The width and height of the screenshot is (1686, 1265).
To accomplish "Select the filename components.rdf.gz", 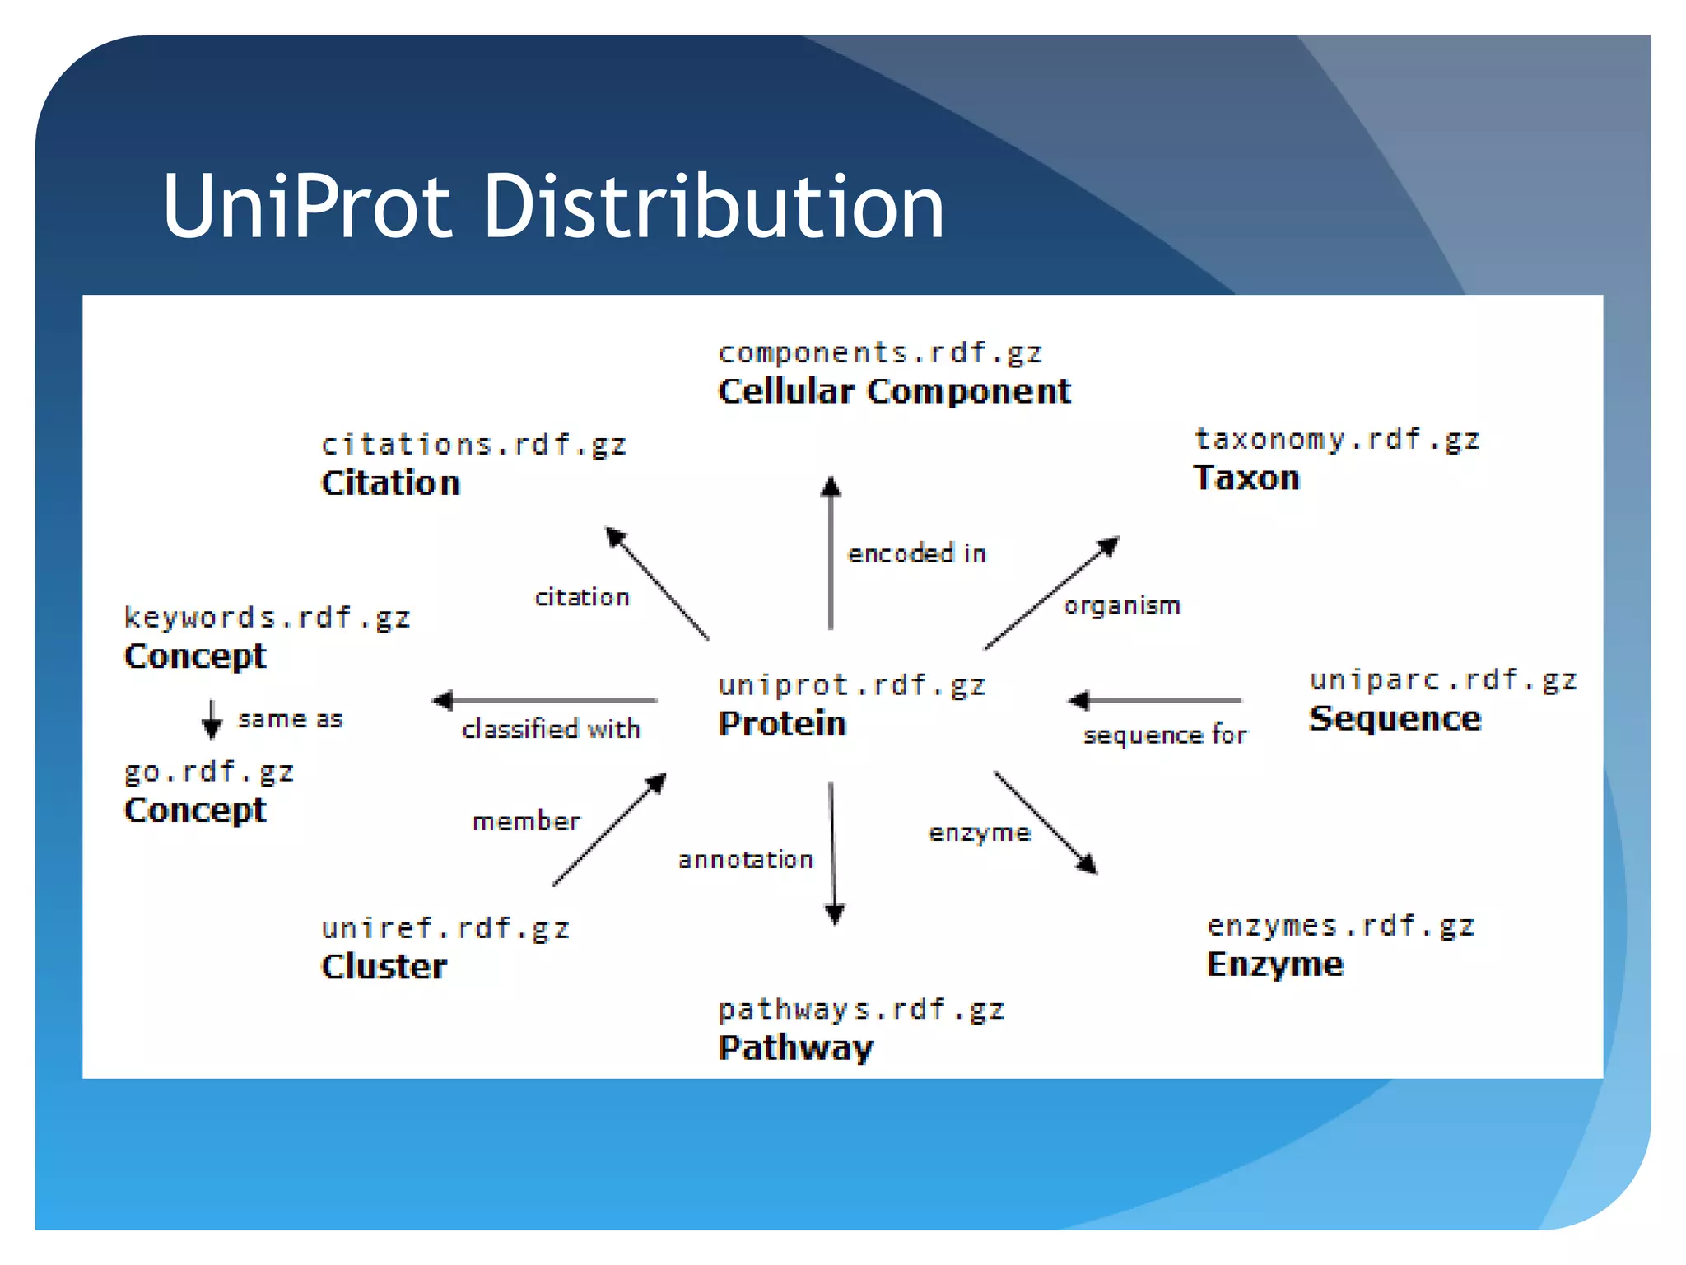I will click(x=880, y=353).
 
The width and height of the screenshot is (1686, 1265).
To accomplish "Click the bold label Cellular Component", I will click(x=894, y=391).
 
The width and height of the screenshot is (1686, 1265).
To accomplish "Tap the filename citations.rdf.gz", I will click(x=473, y=446).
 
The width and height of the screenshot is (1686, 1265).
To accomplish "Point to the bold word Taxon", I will click(x=1246, y=478).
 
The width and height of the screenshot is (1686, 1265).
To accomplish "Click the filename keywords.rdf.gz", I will click(x=267, y=618).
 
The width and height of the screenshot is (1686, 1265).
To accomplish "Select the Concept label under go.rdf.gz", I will click(x=195, y=810).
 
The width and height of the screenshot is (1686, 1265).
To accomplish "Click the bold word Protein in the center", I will click(x=782, y=724).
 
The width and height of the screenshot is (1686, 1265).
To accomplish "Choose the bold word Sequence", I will click(x=1395, y=719).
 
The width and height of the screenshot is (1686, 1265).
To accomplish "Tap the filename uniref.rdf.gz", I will click(x=445, y=929).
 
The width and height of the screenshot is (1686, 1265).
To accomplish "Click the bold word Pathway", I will click(x=795, y=1048).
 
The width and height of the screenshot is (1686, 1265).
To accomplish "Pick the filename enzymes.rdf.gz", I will click(x=1340, y=927).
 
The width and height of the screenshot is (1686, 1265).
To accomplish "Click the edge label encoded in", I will click(x=916, y=554).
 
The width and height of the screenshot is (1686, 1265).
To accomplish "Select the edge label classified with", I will click(x=551, y=729).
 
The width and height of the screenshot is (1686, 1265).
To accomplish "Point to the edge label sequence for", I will click(x=1164, y=735).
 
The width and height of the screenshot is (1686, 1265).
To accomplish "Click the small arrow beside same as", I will click(x=212, y=720).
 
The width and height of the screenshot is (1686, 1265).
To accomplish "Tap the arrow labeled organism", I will click(x=1051, y=593).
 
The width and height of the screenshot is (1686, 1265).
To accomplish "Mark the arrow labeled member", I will click(x=609, y=829).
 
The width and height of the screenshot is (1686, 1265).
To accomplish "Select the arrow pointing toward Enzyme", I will click(x=1046, y=823).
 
